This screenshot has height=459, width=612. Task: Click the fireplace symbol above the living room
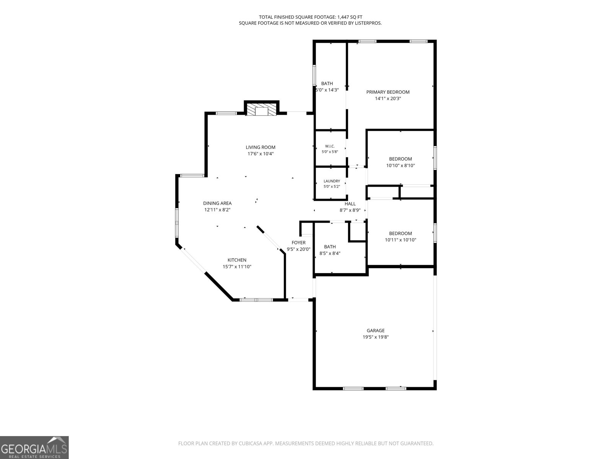click(x=262, y=110)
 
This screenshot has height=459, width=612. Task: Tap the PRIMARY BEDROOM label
click(x=388, y=92)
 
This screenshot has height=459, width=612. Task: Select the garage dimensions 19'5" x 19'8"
click(x=376, y=337)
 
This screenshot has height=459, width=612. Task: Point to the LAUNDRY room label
click(x=332, y=181)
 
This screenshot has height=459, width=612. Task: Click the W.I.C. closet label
click(x=330, y=146)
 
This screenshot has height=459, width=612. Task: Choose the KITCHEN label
click(x=237, y=260)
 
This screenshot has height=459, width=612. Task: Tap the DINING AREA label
click(x=217, y=203)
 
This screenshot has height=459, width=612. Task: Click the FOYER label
click(x=299, y=243)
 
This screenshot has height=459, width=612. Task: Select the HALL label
click(x=350, y=204)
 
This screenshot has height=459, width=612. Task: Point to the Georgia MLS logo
click(x=34, y=447)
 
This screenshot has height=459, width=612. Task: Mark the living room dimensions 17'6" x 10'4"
click(x=261, y=154)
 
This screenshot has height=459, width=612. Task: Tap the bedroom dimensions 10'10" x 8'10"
click(x=400, y=166)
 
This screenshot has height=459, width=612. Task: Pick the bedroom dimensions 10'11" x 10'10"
click(x=400, y=240)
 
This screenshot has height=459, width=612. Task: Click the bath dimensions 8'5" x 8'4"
click(x=330, y=253)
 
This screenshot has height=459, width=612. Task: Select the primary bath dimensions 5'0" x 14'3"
click(x=327, y=90)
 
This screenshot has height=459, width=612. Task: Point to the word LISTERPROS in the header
click(x=368, y=23)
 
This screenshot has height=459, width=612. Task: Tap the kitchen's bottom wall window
click(x=256, y=300)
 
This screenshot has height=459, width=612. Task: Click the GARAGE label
click(x=376, y=330)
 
